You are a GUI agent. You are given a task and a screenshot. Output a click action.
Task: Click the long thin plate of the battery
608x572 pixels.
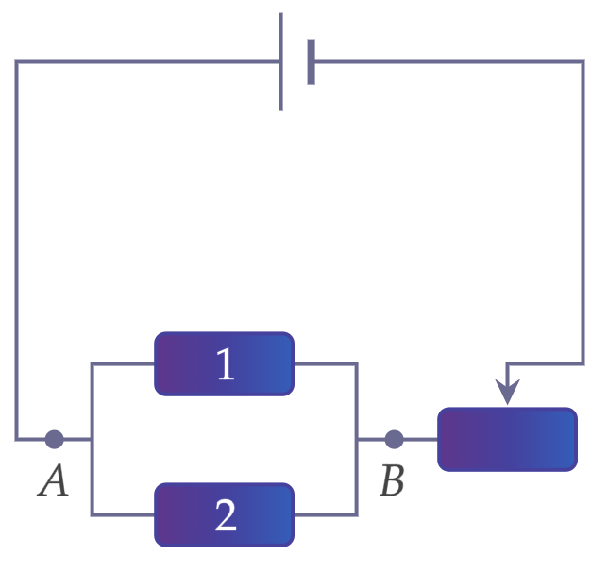(x=281, y=61)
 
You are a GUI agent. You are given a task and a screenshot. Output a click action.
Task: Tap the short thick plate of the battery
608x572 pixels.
(x=311, y=61)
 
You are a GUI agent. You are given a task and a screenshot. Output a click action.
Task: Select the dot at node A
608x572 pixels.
(x=55, y=439)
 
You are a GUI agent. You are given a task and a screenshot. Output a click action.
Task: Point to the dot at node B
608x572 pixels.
(x=395, y=439)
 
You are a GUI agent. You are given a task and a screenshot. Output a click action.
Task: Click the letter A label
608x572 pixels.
(x=54, y=480)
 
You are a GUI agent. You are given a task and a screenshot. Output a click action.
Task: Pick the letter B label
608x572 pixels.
(x=392, y=480)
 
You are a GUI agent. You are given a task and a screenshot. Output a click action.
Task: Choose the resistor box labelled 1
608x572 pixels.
(x=224, y=363)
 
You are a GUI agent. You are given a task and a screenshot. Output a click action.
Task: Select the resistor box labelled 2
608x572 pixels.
(x=224, y=515)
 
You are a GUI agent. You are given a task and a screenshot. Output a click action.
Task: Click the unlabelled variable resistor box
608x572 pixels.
(x=508, y=439)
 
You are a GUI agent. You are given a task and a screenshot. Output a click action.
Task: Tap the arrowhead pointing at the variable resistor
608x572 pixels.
(x=508, y=392)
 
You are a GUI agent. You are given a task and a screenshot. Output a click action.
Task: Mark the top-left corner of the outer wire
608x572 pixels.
(x=16, y=61)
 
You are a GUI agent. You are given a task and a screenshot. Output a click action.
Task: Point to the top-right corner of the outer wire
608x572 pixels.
(x=583, y=61)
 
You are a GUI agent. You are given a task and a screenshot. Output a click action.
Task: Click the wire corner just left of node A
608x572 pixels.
(x=16, y=439)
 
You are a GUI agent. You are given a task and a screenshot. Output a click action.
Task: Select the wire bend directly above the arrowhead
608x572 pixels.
(x=507, y=363)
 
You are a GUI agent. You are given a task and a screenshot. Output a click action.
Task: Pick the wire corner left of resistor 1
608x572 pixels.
(x=92, y=363)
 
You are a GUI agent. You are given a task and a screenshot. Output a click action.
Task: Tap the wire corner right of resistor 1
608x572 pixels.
(x=357, y=363)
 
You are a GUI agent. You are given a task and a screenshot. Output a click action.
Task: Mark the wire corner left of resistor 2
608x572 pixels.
(x=92, y=515)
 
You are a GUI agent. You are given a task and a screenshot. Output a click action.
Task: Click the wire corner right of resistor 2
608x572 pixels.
(x=357, y=515)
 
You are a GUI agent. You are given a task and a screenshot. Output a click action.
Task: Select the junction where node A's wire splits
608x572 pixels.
(x=92, y=439)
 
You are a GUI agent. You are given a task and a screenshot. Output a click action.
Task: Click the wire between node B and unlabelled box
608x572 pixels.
(x=421, y=439)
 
